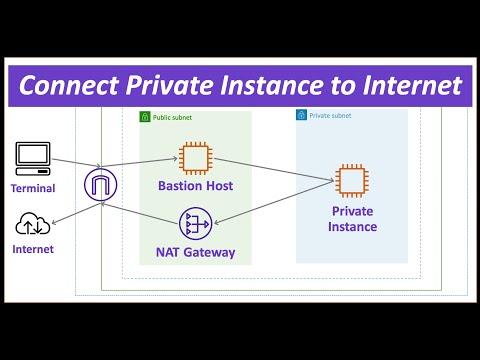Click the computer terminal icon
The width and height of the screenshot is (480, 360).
click(33, 157)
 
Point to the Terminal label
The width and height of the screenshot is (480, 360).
click(33, 188)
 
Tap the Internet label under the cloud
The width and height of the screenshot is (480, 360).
click(33, 249)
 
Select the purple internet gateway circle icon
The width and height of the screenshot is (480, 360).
click(100, 185)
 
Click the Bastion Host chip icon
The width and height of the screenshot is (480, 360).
click(194, 157)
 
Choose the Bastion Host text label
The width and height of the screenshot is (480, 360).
click(194, 186)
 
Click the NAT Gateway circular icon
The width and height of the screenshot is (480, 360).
click(194, 222)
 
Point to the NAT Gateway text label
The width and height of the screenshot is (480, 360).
click(195, 252)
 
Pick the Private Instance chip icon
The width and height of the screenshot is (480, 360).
click(352, 181)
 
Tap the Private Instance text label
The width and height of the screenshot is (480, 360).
click(352, 219)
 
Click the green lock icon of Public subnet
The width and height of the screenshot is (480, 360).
click(145, 116)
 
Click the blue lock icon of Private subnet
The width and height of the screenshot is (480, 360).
click(301, 115)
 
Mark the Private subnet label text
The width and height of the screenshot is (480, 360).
click(329, 115)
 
